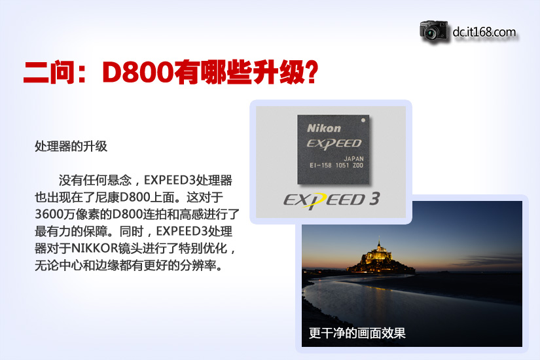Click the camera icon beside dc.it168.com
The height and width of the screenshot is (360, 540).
tap(434, 32)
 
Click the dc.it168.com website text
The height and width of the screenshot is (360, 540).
tap(484, 32)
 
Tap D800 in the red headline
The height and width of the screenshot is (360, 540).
tap(137, 73)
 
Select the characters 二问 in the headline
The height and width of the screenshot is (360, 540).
tap(49, 73)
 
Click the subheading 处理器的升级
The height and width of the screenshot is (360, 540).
tap(71, 147)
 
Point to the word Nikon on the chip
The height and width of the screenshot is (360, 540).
tap(324, 128)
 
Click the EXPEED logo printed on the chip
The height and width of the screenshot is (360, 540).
tap(334, 143)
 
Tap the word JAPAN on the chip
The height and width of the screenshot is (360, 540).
tap(353, 158)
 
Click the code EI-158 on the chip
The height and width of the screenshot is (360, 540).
tap(320, 166)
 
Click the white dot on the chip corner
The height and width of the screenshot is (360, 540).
tap(363, 120)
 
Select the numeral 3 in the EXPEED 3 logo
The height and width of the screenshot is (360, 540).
tap(374, 199)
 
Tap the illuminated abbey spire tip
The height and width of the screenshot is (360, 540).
tap(379, 237)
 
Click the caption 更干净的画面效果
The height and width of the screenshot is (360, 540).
tap(357, 333)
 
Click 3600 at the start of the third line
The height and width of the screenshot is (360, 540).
tap(48, 214)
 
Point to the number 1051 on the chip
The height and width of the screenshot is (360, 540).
tap(342, 166)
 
